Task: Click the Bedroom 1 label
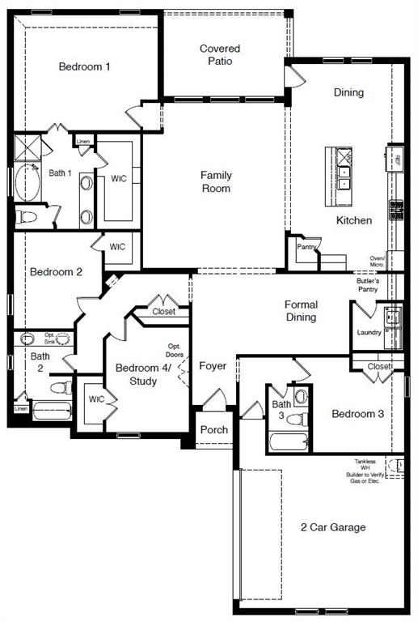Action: [x=84, y=66]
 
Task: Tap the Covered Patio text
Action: [x=220, y=55]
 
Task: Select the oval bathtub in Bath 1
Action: [x=28, y=183]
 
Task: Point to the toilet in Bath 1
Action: [x=28, y=217]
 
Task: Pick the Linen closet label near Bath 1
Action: [x=83, y=142]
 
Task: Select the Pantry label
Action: [x=305, y=246]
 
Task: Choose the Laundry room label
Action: [x=369, y=332]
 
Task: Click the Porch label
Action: [x=214, y=430]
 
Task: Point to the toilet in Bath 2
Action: [x=58, y=387]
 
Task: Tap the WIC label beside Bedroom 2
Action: [x=117, y=247]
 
